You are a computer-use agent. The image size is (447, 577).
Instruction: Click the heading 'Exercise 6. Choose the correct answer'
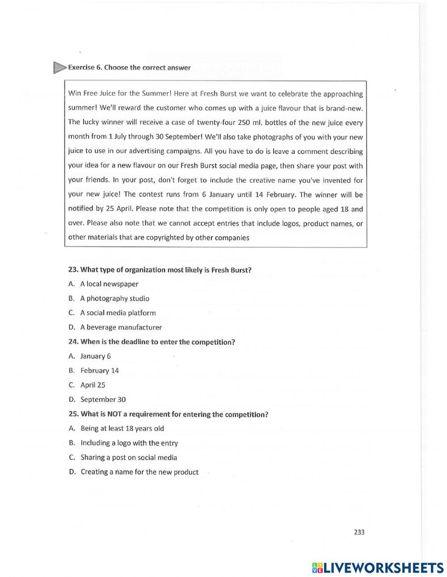[x=129, y=68]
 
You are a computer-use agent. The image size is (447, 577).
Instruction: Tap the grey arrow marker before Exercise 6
[x=59, y=67]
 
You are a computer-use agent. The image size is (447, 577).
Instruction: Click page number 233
[x=359, y=532]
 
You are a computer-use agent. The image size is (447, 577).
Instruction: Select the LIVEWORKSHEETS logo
[x=378, y=568]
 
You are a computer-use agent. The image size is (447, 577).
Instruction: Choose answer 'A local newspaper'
[x=109, y=284]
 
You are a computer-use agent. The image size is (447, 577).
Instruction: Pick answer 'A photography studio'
[x=114, y=299]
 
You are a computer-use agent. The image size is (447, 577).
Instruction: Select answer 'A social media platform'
[x=118, y=313]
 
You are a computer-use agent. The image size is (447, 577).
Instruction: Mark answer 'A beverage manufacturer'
[x=121, y=327]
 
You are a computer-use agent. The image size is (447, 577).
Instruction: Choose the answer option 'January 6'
[x=95, y=356]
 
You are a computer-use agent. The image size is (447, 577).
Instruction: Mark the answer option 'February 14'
[x=99, y=371]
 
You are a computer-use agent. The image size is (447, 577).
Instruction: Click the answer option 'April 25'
[x=93, y=385]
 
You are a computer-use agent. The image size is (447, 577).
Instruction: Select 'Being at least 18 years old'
[x=122, y=428]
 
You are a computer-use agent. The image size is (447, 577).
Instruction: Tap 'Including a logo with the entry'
[x=129, y=443]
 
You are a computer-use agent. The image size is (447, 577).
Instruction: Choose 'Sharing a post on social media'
[x=129, y=457]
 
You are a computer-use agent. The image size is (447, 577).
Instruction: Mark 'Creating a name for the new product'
[x=139, y=472]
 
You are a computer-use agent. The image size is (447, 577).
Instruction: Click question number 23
[x=73, y=270]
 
